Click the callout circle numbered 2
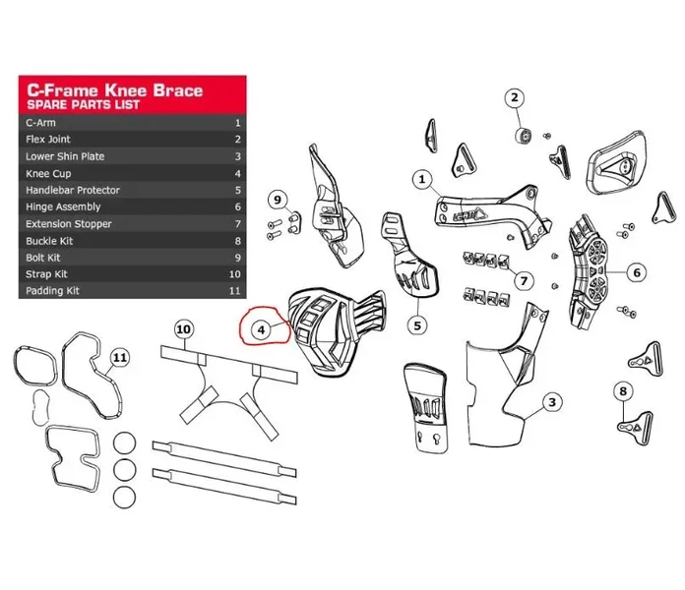coord(514,97)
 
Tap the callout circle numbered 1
coord(422,179)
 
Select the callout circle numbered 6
coord(637,272)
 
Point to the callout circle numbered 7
coord(524,280)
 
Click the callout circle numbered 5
coord(417,325)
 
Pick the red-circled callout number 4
coord(261,329)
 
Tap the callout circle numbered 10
coord(183,329)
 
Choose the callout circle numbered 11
coord(120,358)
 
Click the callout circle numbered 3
coord(552,402)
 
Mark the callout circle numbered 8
coord(623,391)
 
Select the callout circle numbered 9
coord(278,200)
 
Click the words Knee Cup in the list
coord(48,174)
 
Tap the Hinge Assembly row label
coord(63,206)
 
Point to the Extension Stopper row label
coord(69,224)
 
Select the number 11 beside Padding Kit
coord(234,291)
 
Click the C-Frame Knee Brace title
coord(115,90)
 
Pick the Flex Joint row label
coord(48,140)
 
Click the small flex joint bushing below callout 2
coord(523,136)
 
